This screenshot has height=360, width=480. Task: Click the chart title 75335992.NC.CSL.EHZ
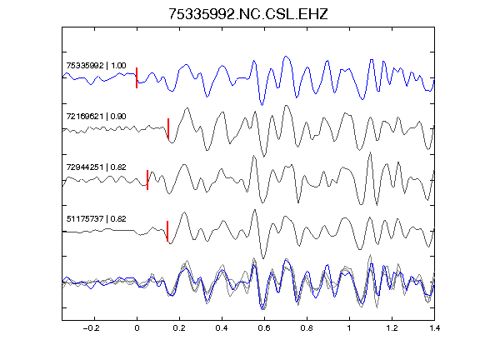tap(248, 14)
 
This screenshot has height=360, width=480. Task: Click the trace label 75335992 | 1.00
tap(96, 66)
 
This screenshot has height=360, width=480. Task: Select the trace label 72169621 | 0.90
tap(96, 117)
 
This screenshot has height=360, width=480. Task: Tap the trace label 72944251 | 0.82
tap(96, 167)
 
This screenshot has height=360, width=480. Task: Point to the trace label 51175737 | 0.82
tap(96, 219)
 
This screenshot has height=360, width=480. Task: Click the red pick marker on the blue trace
tap(137, 77)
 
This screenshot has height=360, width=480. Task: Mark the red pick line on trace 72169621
tap(168, 128)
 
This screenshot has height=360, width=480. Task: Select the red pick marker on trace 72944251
tap(147, 180)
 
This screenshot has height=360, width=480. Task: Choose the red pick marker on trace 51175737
tap(167, 231)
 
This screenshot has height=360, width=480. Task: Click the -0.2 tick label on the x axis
tap(92, 328)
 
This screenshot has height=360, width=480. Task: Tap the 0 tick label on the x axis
tap(137, 328)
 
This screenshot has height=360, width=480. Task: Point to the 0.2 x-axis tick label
tap(179, 328)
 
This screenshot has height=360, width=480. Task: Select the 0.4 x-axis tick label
tap(222, 328)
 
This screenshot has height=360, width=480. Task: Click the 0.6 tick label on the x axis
tap(264, 328)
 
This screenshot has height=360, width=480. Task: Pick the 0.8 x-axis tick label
tap(307, 328)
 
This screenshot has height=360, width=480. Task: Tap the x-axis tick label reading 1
tap(349, 328)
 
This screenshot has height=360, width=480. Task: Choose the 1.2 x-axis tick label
tap(392, 328)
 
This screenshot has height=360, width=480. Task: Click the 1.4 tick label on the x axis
tap(434, 328)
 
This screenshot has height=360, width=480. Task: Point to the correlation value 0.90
tap(118, 117)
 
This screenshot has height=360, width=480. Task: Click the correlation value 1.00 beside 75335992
tap(118, 66)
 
